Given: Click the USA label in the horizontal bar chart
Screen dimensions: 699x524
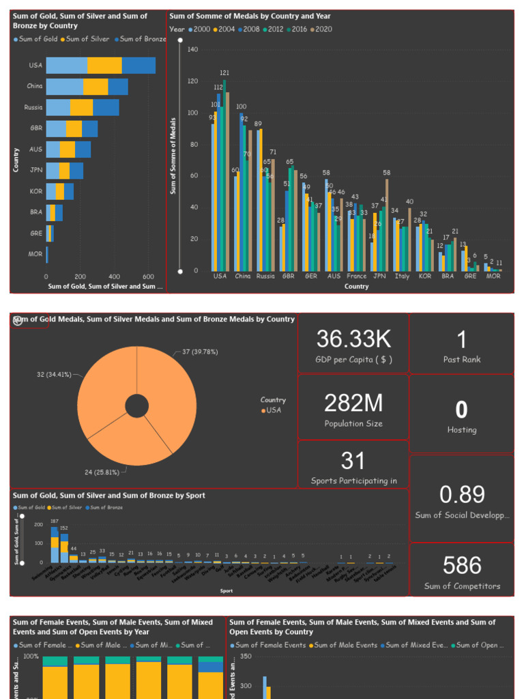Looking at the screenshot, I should click(35, 66).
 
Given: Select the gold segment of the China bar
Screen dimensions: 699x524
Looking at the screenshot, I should click(65, 87).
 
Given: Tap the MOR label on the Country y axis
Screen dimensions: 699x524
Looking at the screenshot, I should click(35, 254).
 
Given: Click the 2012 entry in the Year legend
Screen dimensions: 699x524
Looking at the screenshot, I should click(275, 29).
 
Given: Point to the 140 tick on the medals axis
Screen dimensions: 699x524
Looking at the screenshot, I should click(192, 50).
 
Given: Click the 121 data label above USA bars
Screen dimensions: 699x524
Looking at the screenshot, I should click(224, 73).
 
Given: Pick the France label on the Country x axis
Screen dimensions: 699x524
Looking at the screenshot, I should click(356, 276).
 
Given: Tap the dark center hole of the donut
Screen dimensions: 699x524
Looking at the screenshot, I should click(137, 406).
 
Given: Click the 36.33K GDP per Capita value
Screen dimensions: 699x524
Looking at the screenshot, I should click(353, 338).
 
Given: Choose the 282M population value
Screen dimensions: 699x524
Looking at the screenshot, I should click(353, 403).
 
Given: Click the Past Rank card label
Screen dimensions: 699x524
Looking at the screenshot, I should click(462, 360).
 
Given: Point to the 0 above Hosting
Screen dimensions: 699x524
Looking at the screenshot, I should click(462, 410).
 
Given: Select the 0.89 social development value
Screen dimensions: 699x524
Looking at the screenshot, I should click(462, 494).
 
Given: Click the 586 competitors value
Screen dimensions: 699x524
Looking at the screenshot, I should click(462, 565).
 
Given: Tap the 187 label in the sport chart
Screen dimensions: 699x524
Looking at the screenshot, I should click(55, 522).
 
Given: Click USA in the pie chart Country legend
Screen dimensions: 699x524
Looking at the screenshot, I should click(273, 410).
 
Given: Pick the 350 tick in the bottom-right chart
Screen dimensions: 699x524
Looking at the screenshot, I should click(246, 657).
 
